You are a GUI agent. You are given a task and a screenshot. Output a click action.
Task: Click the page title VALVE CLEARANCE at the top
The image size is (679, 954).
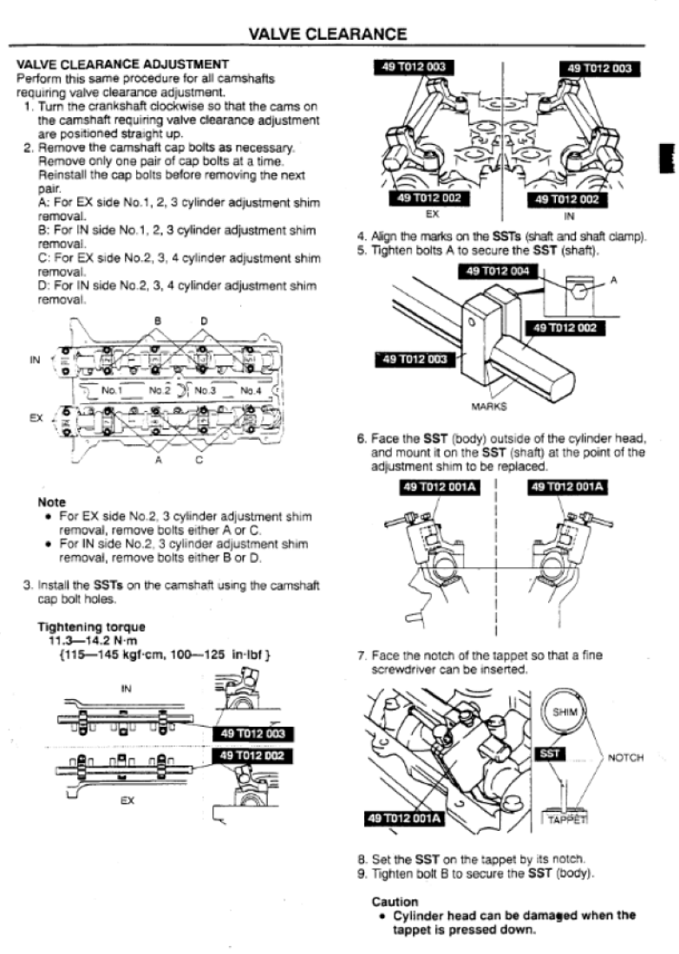point(327,35)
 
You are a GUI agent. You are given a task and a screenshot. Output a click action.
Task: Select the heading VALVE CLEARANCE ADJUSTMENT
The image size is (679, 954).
point(122,64)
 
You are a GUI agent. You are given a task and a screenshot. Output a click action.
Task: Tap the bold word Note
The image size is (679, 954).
point(52,502)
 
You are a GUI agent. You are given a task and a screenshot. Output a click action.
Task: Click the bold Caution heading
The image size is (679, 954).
point(394,902)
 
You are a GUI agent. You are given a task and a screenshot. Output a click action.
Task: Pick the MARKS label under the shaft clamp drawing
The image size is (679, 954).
point(489,406)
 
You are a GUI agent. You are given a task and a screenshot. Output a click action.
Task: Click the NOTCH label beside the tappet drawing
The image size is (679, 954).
point(625,757)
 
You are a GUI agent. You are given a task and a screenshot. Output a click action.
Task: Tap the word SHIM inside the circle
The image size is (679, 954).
point(565,712)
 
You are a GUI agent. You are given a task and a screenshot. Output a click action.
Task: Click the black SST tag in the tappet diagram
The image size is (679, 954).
point(550,755)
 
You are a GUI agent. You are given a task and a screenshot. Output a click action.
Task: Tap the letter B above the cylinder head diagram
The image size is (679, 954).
point(158,321)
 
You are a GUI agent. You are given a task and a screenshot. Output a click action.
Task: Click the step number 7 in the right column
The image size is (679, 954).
point(361,656)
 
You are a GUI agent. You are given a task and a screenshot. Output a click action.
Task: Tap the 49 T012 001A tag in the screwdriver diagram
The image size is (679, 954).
point(404,818)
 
